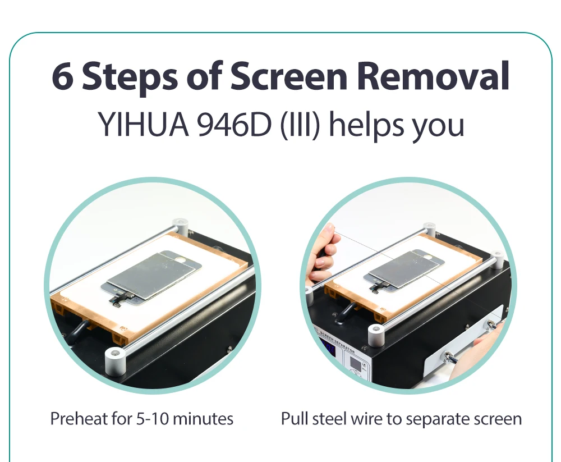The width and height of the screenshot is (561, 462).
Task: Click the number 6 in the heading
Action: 63,76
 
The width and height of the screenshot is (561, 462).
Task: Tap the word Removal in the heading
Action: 433,76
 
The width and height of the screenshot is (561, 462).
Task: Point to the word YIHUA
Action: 143,124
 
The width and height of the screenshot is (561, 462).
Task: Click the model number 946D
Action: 234,124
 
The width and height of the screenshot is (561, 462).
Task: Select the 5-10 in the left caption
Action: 153,419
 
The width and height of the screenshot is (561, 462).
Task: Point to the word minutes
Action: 203,419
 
